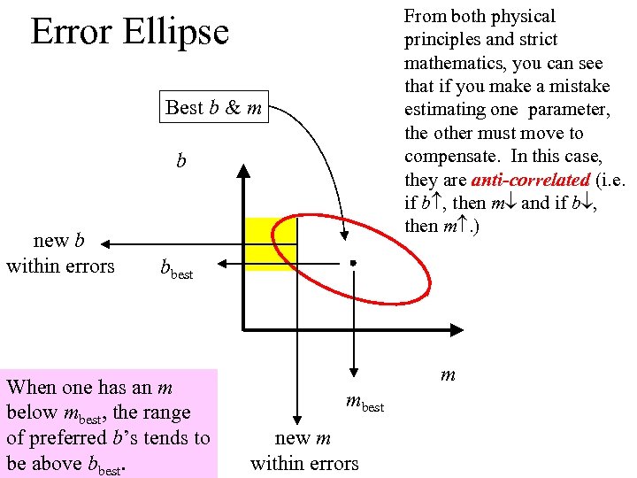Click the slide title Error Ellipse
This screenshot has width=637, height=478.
(x=129, y=32)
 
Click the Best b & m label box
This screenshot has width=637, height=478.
(x=213, y=108)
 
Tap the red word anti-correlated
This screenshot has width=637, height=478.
(x=529, y=180)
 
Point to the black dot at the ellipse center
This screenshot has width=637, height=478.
(x=352, y=263)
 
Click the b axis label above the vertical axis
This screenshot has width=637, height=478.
(x=181, y=161)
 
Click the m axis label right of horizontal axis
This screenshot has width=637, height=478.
(x=448, y=374)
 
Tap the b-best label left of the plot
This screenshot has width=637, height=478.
(x=175, y=269)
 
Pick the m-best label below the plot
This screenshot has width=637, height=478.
(x=365, y=404)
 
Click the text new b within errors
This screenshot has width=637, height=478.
(x=60, y=253)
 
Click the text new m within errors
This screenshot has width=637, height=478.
(x=304, y=451)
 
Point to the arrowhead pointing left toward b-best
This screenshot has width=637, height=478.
(x=223, y=263)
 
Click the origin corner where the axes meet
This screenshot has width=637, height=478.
(x=242, y=330)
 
